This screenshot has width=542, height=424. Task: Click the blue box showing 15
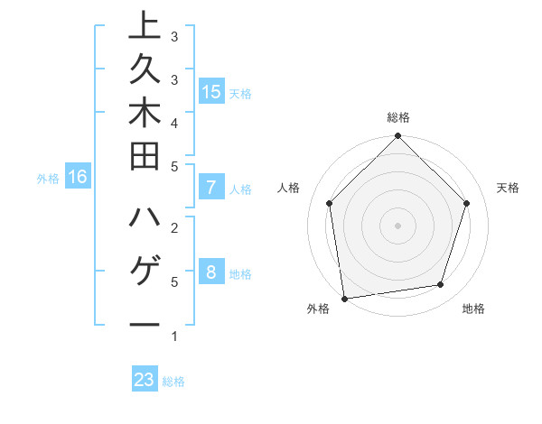(210, 91)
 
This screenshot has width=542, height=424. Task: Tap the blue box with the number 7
(210, 188)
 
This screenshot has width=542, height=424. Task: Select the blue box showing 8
(210, 272)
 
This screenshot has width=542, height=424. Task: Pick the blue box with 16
(77, 177)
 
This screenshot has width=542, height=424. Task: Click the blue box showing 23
(145, 380)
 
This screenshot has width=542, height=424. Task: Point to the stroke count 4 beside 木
(174, 123)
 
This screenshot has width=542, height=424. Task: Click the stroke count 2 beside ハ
(174, 227)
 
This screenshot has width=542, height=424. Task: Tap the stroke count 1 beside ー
(174, 336)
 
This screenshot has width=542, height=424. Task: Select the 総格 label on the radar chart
(398, 117)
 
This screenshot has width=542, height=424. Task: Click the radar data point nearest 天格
(467, 203)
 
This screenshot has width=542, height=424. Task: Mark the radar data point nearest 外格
(344, 298)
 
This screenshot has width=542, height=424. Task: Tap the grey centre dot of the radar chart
(397, 225)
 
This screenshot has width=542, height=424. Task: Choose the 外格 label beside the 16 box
(48, 179)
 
